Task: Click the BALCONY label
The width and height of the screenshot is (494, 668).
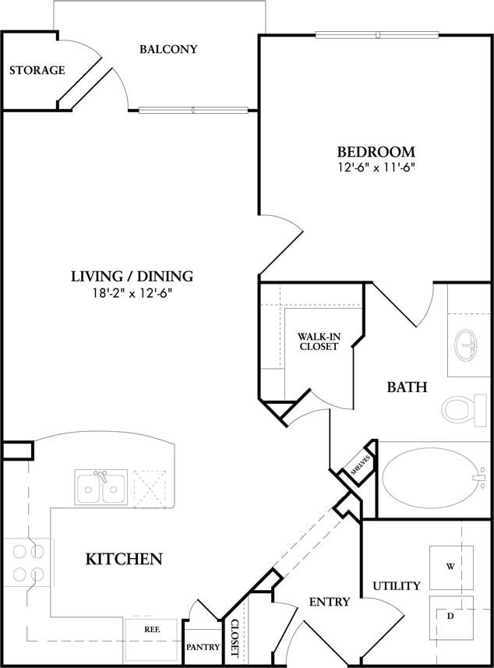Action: (168, 49)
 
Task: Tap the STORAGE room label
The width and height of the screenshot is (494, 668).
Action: (37, 70)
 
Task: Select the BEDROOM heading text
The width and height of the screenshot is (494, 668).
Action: (376, 151)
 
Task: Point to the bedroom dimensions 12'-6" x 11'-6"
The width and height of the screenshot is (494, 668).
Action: (376, 168)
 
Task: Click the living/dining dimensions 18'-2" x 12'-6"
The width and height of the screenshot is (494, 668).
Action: (132, 293)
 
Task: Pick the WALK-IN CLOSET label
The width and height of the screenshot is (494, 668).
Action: (318, 341)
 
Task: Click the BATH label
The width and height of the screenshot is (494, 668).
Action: (407, 387)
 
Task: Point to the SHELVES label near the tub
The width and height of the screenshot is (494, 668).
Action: (358, 466)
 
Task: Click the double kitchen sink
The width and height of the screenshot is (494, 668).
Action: (101, 488)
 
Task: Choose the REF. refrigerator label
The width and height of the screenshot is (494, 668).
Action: (152, 628)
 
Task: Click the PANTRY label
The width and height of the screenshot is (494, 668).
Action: (203, 647)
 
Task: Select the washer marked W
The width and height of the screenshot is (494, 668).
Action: (451, 567)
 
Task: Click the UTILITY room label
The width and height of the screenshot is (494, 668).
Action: (396, 585)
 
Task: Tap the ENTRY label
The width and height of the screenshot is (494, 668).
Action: (329, 602)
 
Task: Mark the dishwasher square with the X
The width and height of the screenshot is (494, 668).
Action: (150, 488)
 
